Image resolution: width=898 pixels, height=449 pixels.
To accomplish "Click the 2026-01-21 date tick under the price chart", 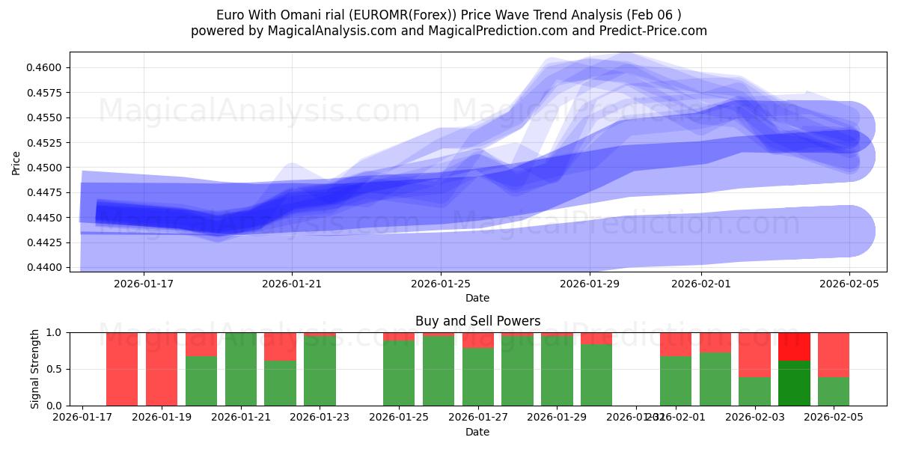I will (x=292, y=284).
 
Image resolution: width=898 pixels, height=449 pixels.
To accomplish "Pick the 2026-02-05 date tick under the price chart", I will (x=849, y=284).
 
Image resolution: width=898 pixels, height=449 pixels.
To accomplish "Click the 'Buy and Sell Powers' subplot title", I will (x=477, y=321).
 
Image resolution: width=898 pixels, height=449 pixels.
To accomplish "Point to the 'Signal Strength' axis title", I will (x=34, y=369).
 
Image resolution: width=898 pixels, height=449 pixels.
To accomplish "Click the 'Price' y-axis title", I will (x=16, y=163).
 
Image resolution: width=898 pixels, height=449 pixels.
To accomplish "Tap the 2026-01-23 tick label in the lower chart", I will (x=320, y=418).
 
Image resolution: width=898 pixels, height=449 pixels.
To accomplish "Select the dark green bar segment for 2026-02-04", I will (x=794, y=383).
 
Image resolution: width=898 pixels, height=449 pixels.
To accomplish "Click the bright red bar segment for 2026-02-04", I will (x=794, y=346).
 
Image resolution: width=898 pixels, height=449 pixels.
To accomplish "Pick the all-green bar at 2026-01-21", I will (x=241, y=369).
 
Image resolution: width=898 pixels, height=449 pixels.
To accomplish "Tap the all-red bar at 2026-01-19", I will (x=162, y=369).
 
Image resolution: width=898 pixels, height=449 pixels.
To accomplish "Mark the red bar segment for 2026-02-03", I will (x=754, y=355).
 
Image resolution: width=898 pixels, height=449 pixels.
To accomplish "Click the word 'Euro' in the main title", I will (x=230, y=15).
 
